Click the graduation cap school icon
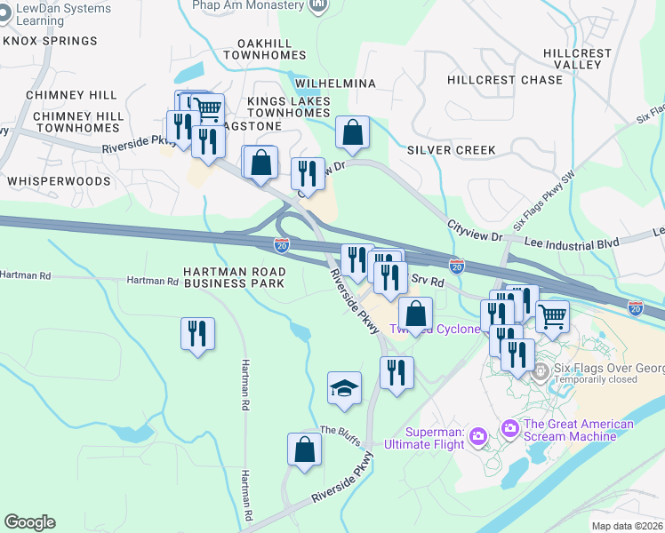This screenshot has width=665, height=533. [345, 387]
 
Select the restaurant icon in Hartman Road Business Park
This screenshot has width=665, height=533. [197, 334]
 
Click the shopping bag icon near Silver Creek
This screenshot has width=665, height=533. [353, 133]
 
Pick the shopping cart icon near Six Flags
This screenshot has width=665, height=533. [552, 315]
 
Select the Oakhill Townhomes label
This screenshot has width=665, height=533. [270, 49]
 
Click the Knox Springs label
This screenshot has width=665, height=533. [50, 41]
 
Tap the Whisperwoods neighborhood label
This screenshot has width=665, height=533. [59, 180]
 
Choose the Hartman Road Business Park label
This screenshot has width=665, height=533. [235, 277]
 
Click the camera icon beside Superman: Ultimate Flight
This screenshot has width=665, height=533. [478, 435]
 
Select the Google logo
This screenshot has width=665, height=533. [29, 522]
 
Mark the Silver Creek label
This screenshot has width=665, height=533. [451, 150]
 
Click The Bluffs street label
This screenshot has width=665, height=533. [338, 430]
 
